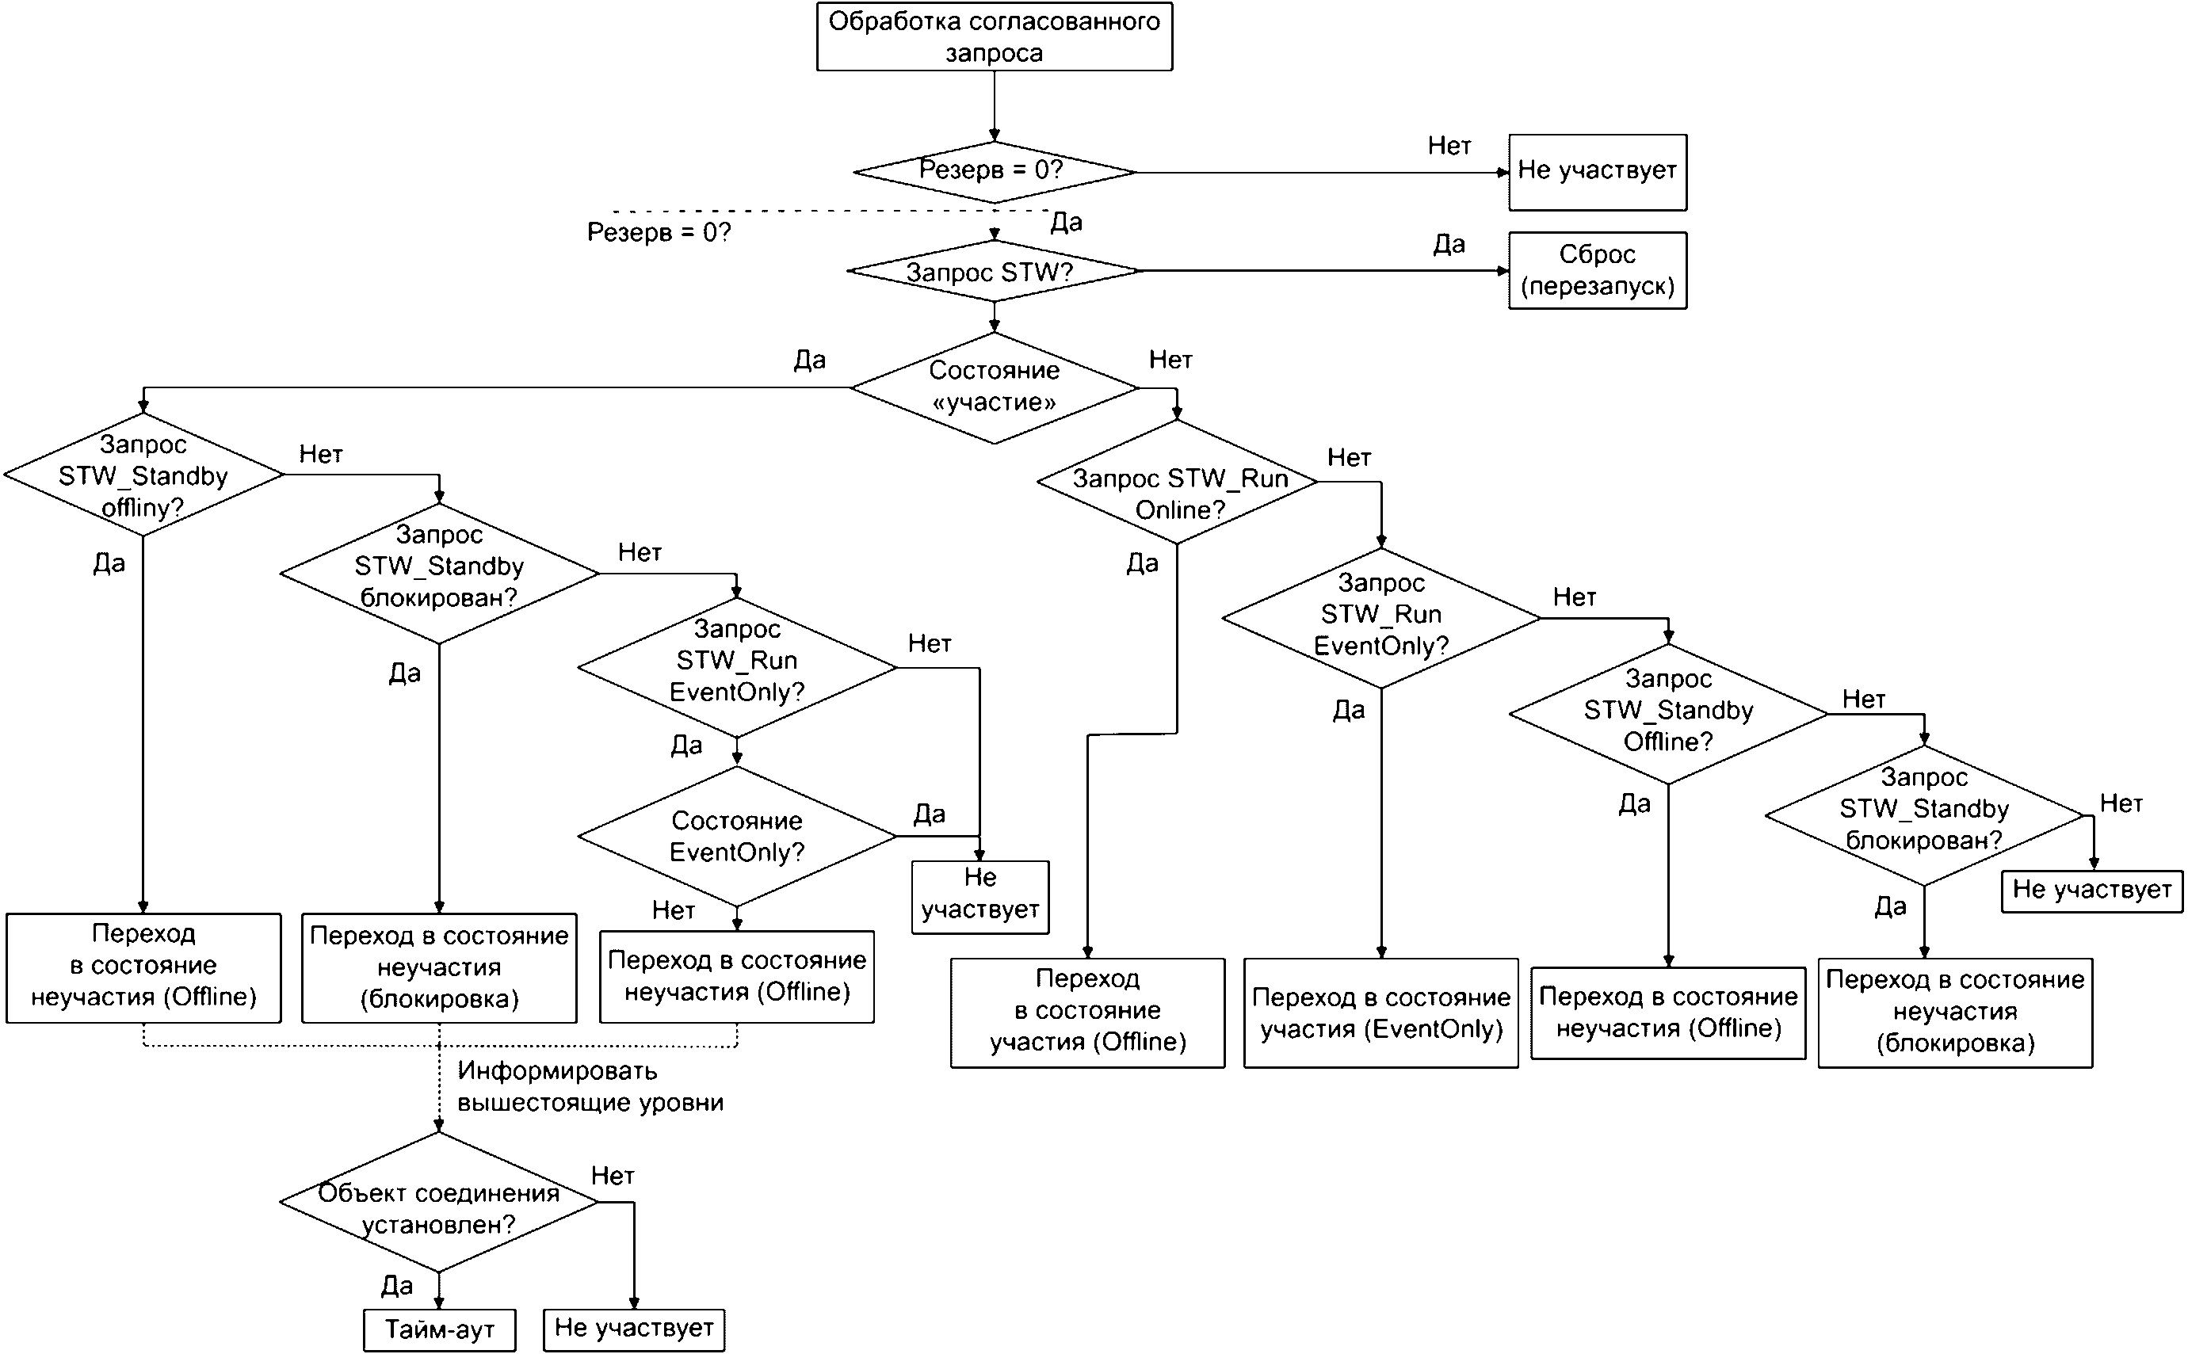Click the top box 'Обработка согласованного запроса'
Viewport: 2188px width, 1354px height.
994,36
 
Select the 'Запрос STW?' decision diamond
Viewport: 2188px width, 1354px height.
994,270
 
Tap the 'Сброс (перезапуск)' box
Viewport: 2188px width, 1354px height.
1597,270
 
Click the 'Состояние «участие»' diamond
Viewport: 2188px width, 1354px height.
994,387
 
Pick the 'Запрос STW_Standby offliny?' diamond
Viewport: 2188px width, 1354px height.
143,475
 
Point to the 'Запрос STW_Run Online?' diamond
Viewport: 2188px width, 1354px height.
1177,482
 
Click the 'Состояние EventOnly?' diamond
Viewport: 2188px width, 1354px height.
737,837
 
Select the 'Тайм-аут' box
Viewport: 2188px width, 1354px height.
440,1329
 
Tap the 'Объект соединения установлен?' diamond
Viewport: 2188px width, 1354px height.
439,1202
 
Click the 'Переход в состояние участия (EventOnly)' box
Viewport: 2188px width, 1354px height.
1381,1013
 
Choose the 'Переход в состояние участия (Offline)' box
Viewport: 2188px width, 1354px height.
1087,1013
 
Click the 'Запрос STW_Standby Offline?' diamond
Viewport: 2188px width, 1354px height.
1667,714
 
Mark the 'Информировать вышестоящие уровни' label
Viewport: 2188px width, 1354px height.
590,1086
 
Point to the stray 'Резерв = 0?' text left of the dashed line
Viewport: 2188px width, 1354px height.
659,232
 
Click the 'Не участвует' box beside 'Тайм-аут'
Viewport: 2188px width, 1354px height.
634,1329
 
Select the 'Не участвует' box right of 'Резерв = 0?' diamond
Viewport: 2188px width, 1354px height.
1597,173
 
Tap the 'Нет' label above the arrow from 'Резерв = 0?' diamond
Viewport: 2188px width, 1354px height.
1449,145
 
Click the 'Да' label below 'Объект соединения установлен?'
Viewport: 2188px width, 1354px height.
397,1286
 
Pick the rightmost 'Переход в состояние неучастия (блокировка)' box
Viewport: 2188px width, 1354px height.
1955,1013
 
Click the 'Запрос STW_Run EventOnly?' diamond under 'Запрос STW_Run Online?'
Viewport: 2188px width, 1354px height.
1381,618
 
